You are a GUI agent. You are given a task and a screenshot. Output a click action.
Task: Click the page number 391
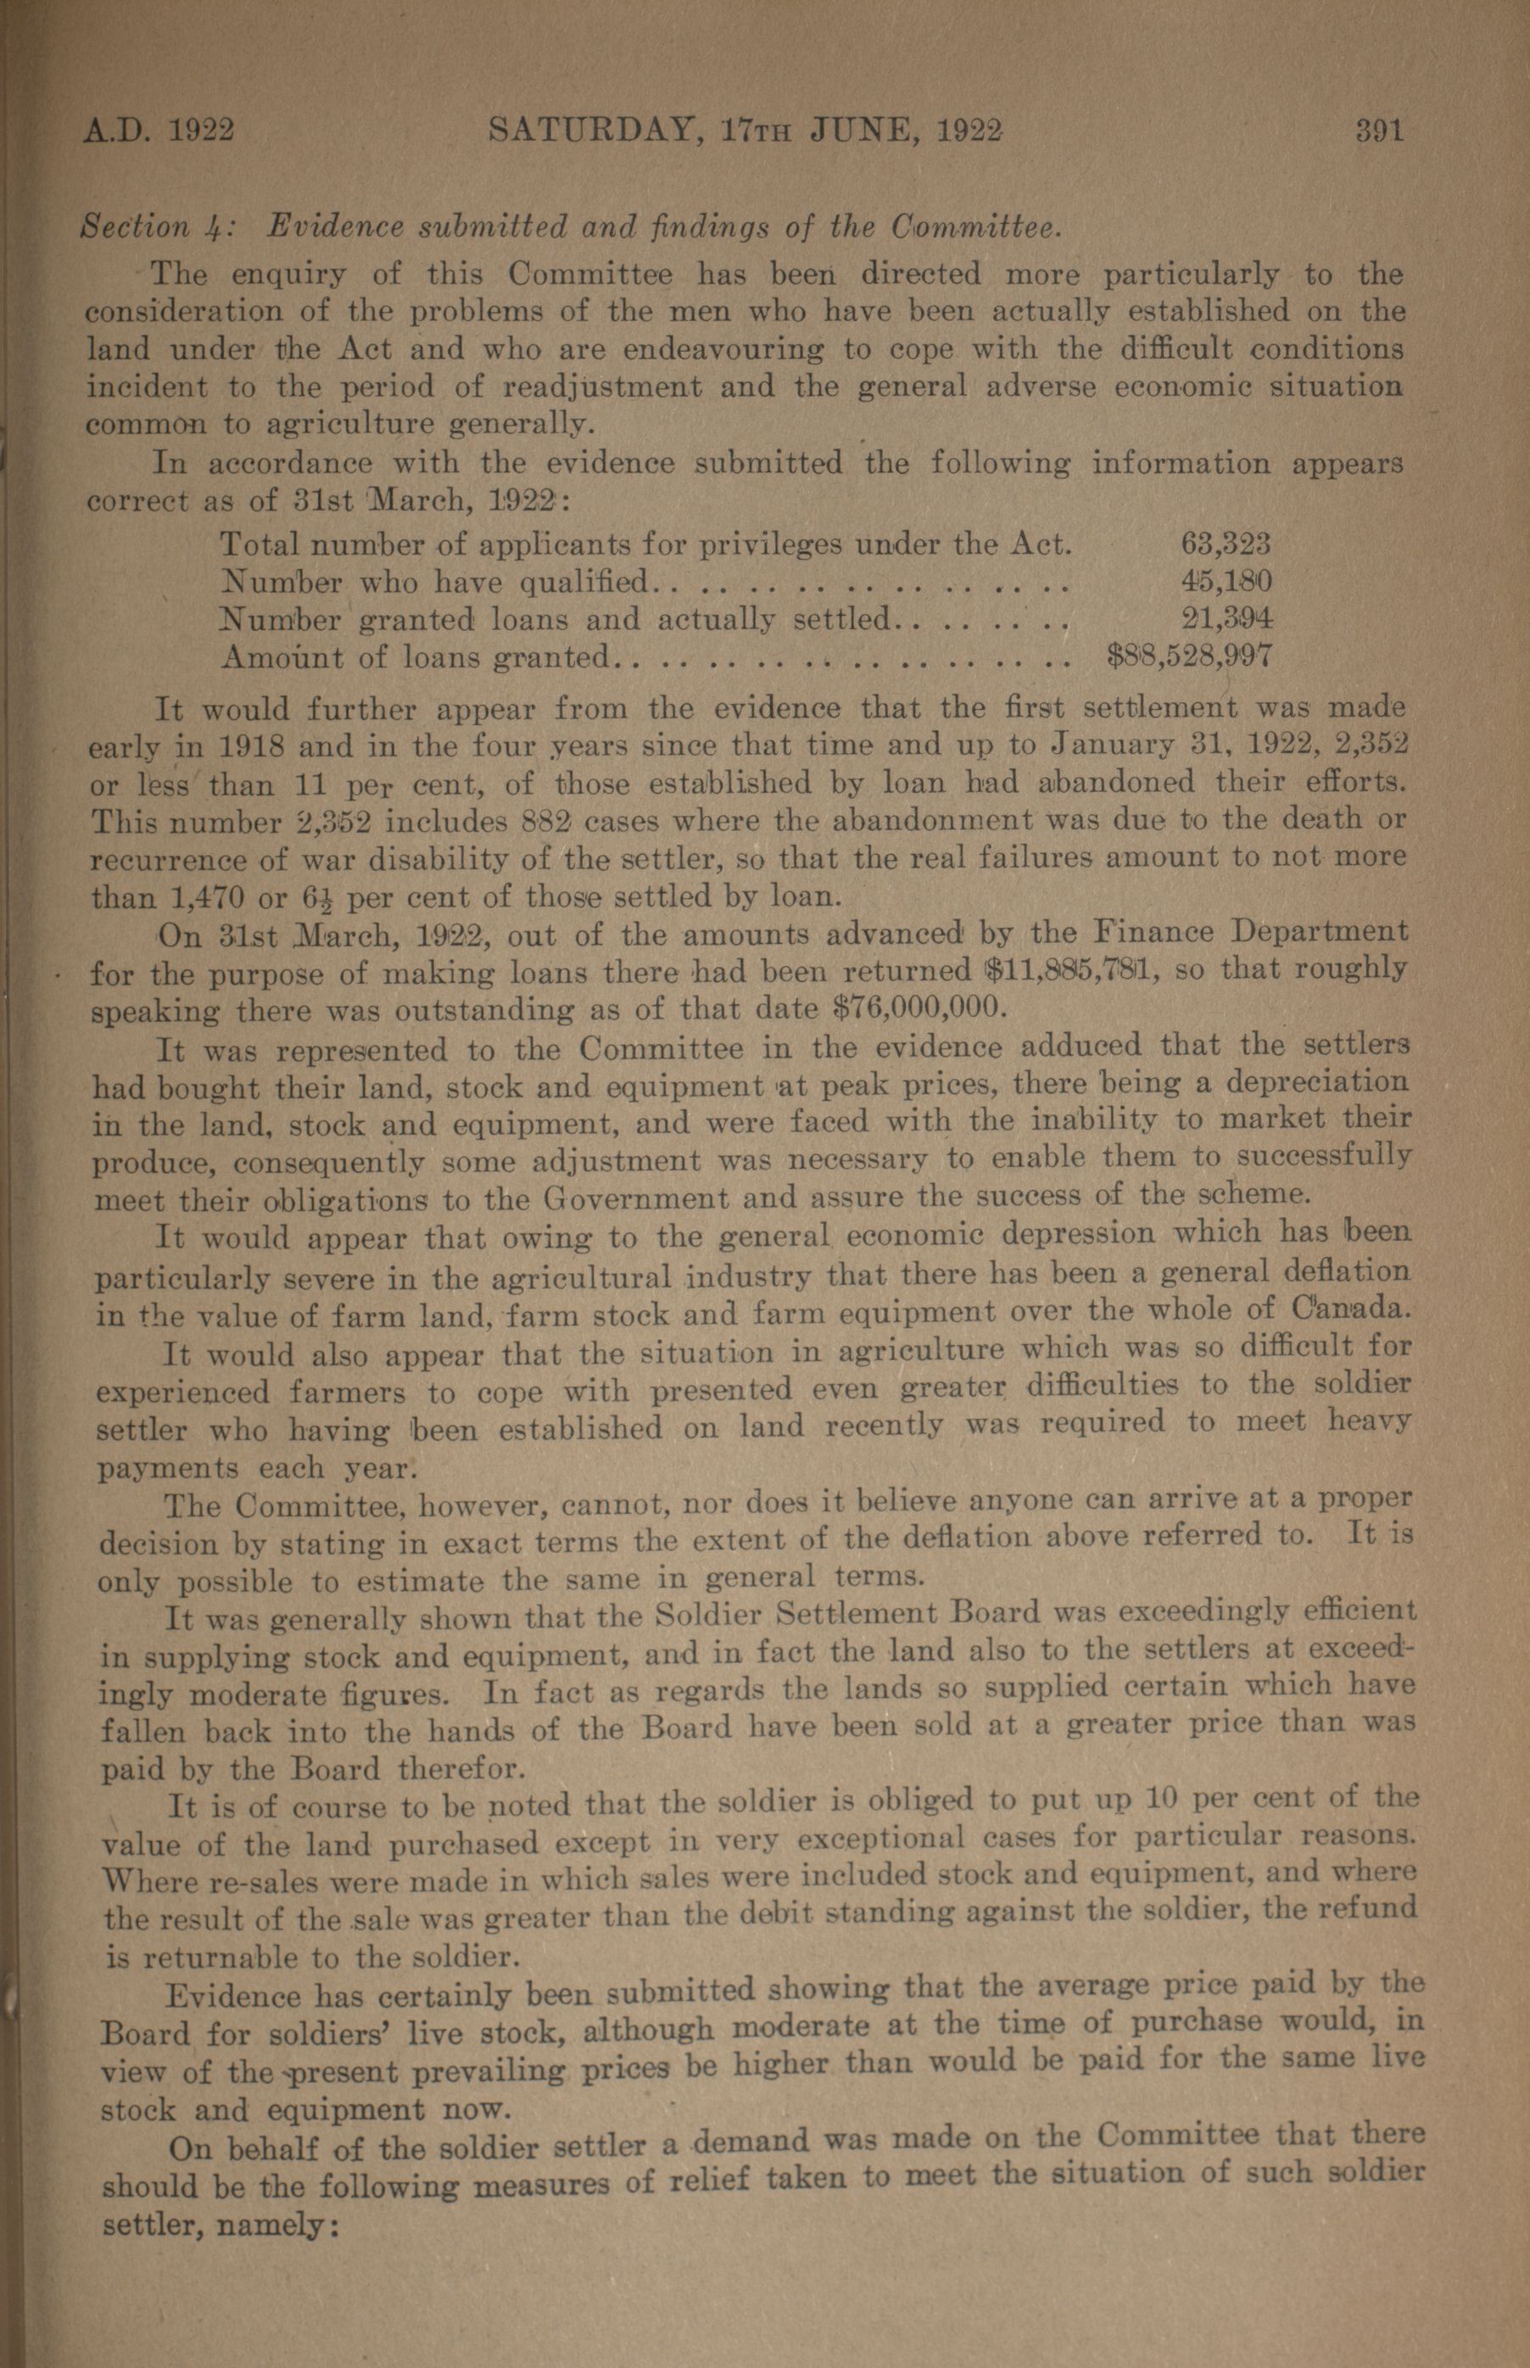[1379, 131]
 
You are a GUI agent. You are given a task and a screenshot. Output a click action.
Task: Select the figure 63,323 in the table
[1226, 545]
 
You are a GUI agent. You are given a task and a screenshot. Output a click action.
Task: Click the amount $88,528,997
[1189, 656]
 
